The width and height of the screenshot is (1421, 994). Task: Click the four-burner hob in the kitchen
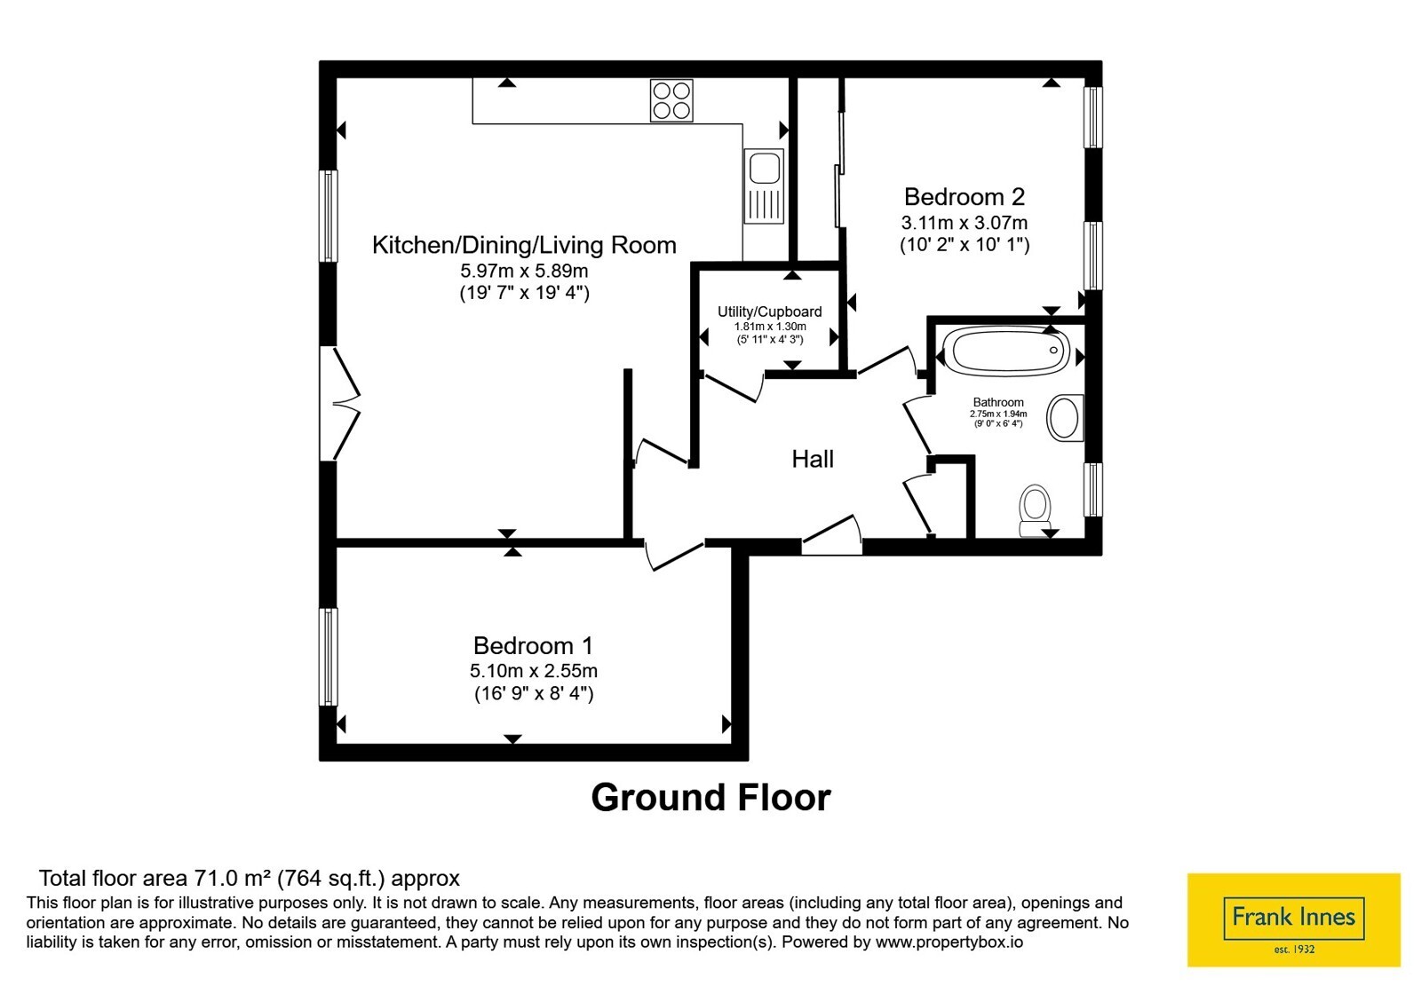(671, 100)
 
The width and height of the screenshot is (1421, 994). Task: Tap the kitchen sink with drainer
(764, 185)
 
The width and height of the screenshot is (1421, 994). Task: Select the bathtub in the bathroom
(1006, 350)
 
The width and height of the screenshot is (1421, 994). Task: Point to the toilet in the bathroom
(1035, 511)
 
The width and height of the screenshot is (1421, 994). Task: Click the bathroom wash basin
(1065, 418)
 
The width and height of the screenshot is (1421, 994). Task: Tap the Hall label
(812, 459)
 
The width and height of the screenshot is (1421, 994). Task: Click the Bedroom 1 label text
(533, 645)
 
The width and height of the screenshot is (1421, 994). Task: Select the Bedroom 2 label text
(965, 196)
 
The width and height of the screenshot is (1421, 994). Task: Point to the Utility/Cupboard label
(769, 312)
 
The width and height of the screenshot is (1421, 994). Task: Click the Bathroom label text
(998, 402)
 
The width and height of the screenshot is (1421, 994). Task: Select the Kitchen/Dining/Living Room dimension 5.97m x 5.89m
(524, 272)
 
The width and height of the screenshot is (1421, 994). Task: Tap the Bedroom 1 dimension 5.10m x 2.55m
(534, 671)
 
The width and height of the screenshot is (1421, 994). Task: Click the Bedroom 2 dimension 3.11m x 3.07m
(965, 223)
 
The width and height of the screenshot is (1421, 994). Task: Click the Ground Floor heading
(710, 797)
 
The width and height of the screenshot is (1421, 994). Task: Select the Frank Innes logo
(1293, 919)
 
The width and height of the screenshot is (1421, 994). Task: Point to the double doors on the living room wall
(340, 403)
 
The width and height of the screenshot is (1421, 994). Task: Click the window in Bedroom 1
(328, 657)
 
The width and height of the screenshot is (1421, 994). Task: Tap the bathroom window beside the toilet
(1092, 489)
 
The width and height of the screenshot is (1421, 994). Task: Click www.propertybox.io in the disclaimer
(949, 942)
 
